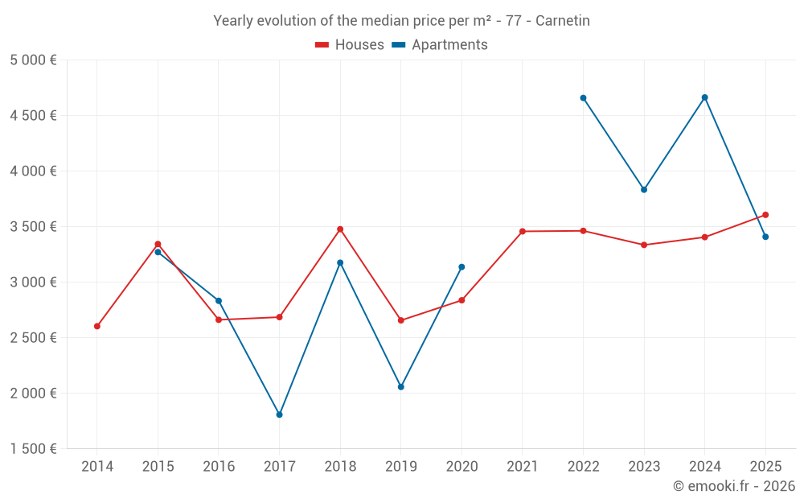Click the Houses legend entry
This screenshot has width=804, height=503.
coord(350,45)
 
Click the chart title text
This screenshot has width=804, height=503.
coord(401,21)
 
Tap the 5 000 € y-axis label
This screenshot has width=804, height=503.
coord(34,60)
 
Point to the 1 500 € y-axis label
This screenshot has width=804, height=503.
coord(34,449)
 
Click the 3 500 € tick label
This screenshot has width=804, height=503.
coord(34,227)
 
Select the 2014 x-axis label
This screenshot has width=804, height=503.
coord(97,467)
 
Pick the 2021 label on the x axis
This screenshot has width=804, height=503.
coord(523,467)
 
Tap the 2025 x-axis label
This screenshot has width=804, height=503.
coord(765,467)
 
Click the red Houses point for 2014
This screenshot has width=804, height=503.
coord(97,327)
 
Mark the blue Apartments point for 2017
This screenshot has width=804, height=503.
coord(279,415)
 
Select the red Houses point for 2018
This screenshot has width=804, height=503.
coord(340,229)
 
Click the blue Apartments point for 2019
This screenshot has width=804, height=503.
coord(401,387)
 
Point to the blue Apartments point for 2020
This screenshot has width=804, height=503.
coord(461,267)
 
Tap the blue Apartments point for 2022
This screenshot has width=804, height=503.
coord(583,98)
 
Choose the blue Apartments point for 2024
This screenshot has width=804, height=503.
coord(705,97)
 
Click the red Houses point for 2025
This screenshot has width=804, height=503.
coord(765,215)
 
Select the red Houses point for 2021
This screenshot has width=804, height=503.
coord(523,232)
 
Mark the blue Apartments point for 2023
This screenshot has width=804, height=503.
coord(644,190)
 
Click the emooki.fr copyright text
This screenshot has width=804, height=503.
coord(733,486)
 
